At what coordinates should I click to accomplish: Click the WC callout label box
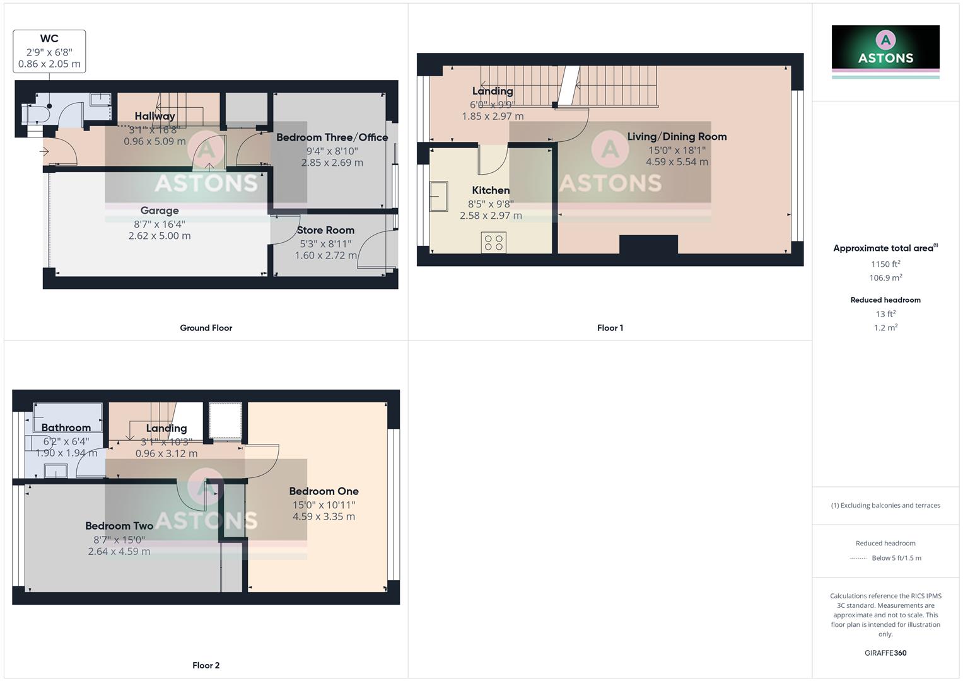[x=49, y=51]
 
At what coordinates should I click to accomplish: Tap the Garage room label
[x=160, y=211]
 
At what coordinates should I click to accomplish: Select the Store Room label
[x=325, y=230]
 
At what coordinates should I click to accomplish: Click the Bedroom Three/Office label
[x=332, y=137]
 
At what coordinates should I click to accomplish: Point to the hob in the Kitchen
[x=493, y=243]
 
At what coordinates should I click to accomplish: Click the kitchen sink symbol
[x=439, y=196]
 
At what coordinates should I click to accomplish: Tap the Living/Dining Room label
[x=677, y=137]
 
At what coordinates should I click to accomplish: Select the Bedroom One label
[x=324, y=491]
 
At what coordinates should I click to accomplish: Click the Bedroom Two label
[x=119, y=526]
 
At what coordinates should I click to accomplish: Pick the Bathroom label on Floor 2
[x=66, y=428]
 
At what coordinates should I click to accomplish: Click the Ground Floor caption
[x=206, y=328]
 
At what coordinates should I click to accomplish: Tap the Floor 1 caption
[x=610, y=328]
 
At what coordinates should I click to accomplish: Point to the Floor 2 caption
[x=206, y=665]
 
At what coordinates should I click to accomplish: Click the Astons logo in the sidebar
[x=885, y=50]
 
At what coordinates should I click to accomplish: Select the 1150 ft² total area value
[x=885, y=264]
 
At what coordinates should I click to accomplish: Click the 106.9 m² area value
[x=885, y=278]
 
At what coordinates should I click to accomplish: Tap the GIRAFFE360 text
[x=885, y=653]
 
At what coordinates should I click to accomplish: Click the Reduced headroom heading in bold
[x=885, y=300]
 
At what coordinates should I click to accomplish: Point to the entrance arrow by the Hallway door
[x=44, y=151]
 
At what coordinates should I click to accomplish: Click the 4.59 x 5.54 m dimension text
[x=677, y=162]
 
